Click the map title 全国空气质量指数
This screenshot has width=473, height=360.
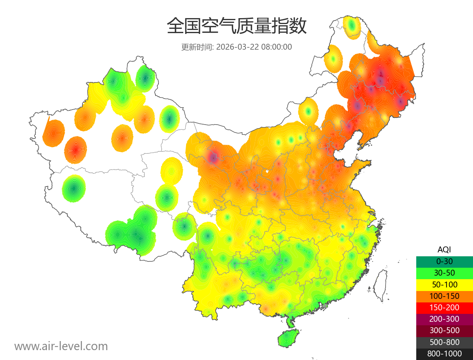point(236,26)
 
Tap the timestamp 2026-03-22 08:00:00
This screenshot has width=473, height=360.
point(254,47)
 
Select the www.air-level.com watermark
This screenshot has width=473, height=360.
point(61,346)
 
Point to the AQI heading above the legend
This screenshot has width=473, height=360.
point(444,250)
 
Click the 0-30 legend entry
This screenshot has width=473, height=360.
point(444,261)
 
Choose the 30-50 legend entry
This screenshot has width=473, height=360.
point(444,273)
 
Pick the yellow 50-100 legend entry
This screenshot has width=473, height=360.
point(444,284)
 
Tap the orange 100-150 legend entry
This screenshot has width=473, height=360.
point(444,296)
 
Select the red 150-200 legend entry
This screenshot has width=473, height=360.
point(444,307)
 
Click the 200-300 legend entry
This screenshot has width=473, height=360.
point(444,319)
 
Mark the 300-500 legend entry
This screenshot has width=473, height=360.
point(444,330)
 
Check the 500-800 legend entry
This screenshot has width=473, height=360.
point(444,342)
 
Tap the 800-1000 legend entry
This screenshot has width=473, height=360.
point(444,354)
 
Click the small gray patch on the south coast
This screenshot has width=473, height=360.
point(325,306)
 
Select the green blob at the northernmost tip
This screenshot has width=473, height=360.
point(352,26)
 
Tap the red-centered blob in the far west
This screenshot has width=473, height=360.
point(75,150)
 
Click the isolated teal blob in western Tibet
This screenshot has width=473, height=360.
point(74,188)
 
